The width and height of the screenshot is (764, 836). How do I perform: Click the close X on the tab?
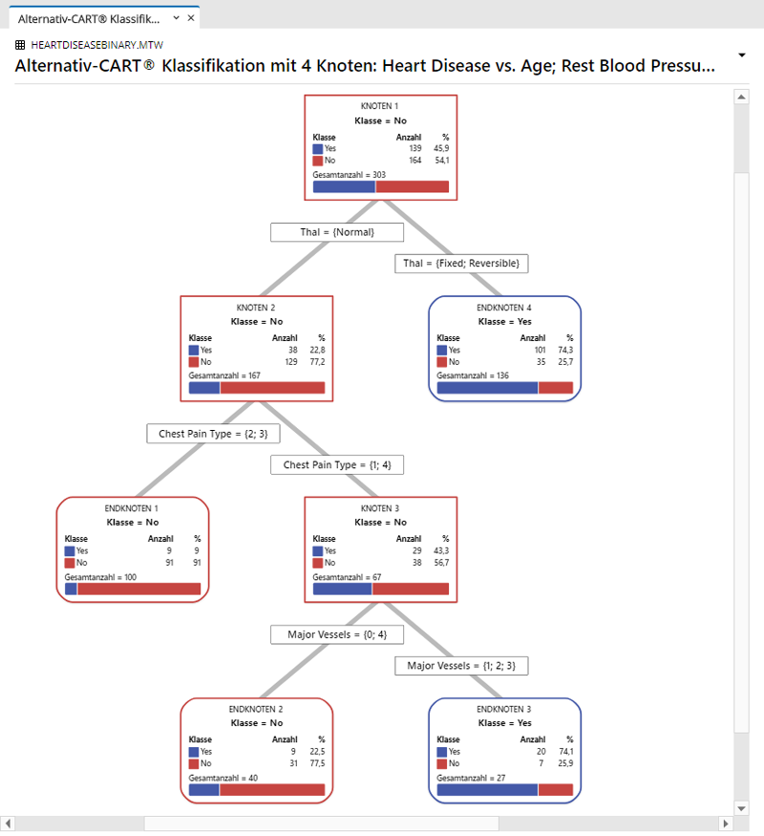click(191, 18)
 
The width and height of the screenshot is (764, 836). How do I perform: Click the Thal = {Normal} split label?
click(337, 232)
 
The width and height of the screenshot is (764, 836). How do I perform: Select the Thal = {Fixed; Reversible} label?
click(461, 264)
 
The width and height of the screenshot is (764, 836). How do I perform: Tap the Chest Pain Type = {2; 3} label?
click(213, 434)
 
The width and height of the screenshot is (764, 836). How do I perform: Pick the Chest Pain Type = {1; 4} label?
click(337, 465)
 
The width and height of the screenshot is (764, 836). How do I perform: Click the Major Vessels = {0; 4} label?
click(337, 634)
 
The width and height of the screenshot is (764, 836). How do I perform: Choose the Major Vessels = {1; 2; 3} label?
click(461, 666)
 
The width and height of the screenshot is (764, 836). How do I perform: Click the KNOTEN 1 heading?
click(379, 106)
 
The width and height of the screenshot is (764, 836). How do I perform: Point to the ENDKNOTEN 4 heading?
click(504, 308)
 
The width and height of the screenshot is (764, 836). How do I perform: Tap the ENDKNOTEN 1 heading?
click(132, 508)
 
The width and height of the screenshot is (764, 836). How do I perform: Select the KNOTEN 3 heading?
click(380, 508)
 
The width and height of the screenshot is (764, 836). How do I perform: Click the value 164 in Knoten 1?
click(415, 161)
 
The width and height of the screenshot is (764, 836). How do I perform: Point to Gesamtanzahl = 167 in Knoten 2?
click(224, 375)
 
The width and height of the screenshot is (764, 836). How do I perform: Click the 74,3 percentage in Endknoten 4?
click(565, 350)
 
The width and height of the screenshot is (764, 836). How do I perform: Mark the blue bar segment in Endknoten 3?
click(487, 789)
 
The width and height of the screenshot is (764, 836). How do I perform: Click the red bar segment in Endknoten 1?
click(139, 589)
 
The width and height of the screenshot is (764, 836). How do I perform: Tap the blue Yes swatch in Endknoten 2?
click(194, 752)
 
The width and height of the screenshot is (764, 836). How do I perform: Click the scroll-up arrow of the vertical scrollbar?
click(741, 97)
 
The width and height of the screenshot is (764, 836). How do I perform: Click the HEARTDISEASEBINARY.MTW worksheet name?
click(97, 45)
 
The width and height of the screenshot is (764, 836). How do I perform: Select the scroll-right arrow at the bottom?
click(725, 824)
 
